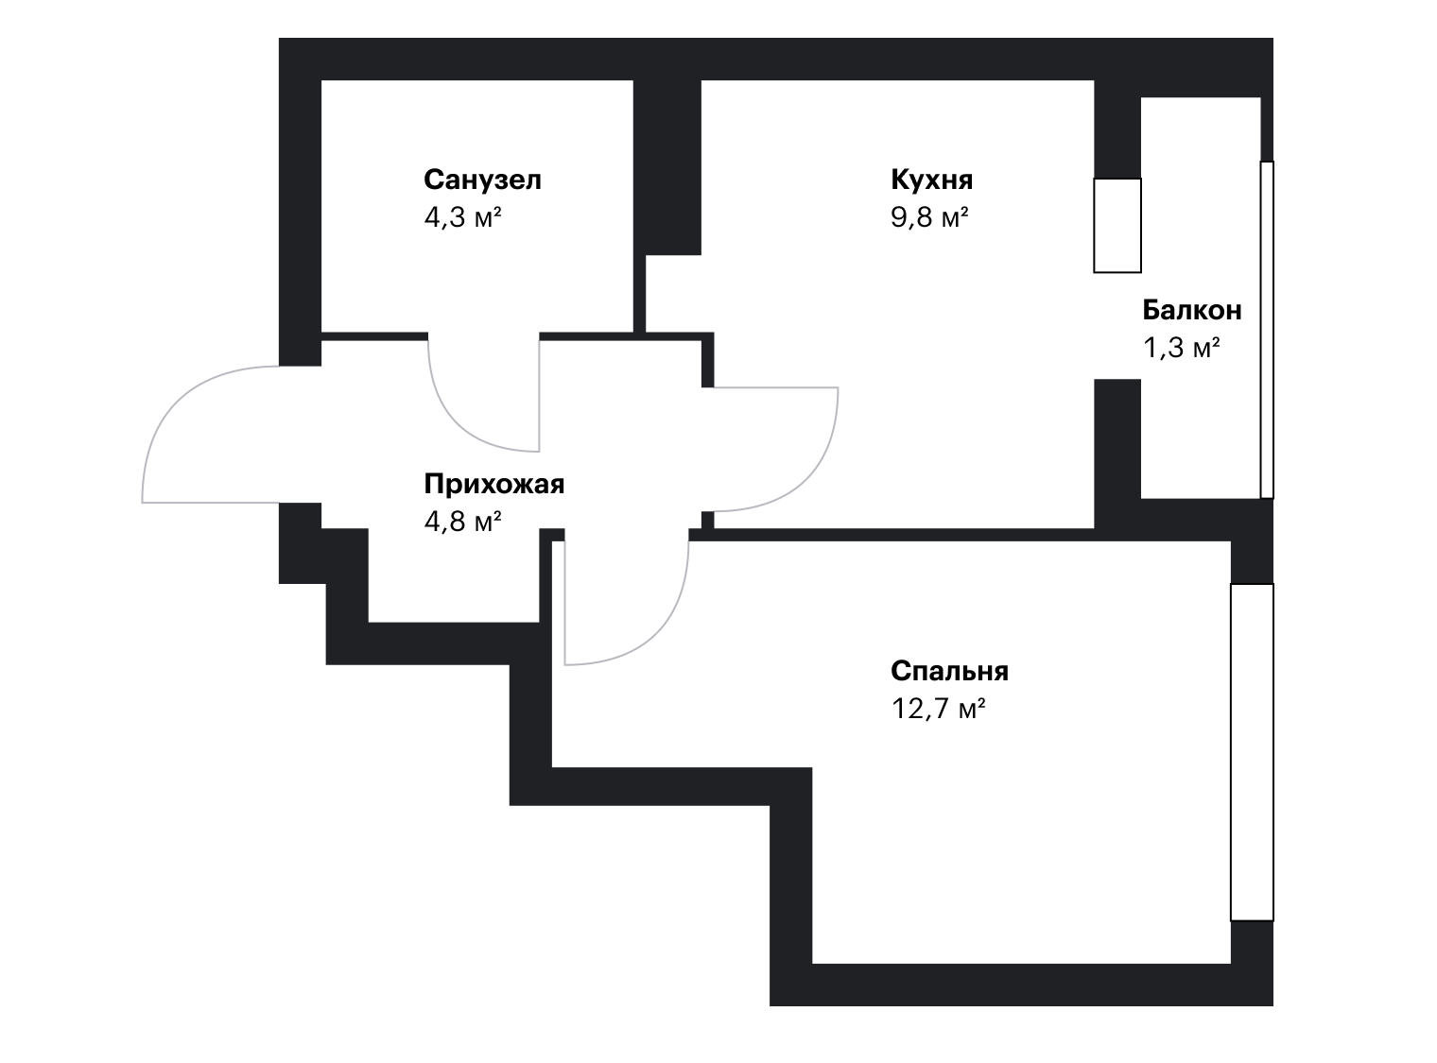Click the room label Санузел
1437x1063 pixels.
(x=482, y=180)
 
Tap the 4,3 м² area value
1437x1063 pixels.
(x=462, y=217)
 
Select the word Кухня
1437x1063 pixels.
(x=931, y=180)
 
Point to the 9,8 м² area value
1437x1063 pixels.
(x=929, y=217)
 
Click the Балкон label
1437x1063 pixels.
(x=1192, y=310)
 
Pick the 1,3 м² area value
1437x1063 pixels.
(x=1181, y=348)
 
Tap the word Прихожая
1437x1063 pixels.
(x=494, y=484)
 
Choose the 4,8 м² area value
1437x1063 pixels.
(x=462, y=522)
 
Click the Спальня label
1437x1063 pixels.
(x=950, y=671)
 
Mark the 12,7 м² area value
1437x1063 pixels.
(x=938, y=709)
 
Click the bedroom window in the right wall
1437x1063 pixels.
(x=1252, y=752)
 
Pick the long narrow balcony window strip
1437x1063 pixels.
(x=1267, y=330)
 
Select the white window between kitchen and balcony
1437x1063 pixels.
(x=1117, y=226)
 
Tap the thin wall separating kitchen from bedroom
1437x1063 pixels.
(x=904, y=535)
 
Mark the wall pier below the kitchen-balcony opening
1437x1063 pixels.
(x=1117, y=454)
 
